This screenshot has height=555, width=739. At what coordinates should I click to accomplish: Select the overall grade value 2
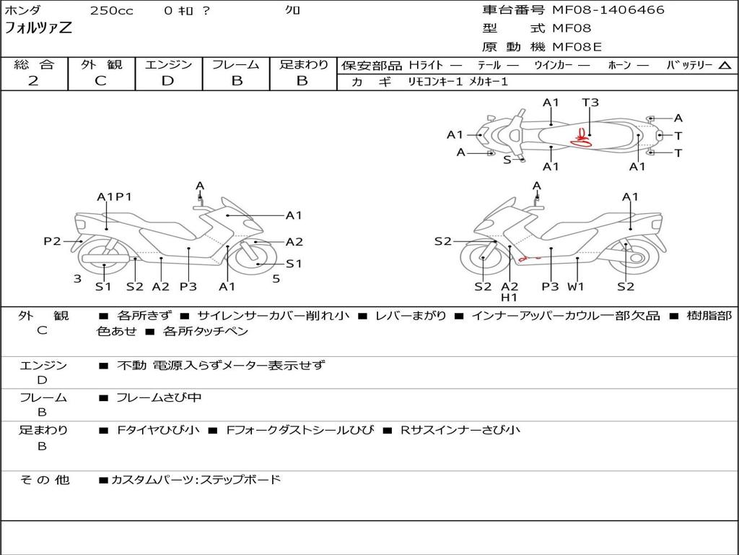(x=33, y=81)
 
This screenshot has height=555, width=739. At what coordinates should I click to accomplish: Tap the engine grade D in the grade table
(x=167, y=81)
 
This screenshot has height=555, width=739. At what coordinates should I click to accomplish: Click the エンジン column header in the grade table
(x=168, y=65)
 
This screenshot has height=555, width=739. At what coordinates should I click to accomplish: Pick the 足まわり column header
(x=303, y=65)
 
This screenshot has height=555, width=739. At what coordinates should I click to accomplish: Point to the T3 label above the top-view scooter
(x=590, y=103)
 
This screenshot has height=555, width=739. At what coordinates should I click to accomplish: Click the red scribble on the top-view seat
(x=581, y=138)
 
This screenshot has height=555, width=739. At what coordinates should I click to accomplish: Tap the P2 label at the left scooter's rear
(x=52, y=241)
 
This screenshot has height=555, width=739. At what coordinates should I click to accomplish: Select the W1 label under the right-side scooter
(x=575, y=287)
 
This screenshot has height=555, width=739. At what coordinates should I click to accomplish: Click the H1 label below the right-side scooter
(x=510, y=297)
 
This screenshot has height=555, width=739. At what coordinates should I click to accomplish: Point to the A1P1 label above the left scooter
(x=114, y=197)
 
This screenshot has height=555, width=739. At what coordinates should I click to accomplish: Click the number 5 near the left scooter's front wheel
(x=276, y=278)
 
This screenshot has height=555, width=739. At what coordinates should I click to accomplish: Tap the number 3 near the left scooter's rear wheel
(x=77, y=278)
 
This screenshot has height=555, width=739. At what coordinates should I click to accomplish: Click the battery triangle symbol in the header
(x=725, y=65)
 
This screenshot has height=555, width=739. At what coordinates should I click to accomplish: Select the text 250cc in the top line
(x=111, y=11)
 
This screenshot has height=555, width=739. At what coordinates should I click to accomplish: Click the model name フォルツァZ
(x=38, y=29)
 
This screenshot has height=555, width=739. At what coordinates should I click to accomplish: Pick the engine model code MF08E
(x=577, y=47)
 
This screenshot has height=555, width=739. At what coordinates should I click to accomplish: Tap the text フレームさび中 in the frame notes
(x=159, y=397)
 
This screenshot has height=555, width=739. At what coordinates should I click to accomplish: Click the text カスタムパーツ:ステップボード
(x=195, y=479)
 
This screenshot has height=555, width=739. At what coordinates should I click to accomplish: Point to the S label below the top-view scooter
(x=507, y=160)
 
